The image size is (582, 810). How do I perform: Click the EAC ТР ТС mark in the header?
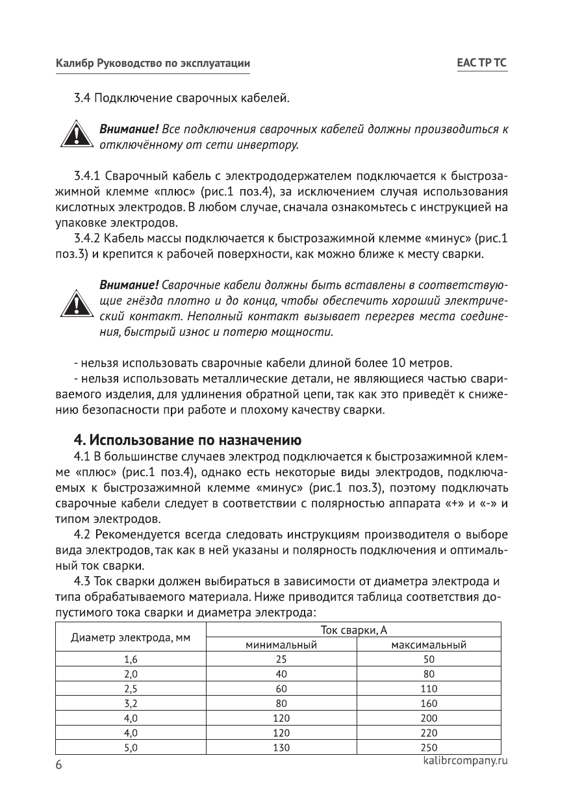click(481, 63)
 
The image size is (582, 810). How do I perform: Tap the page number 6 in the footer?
click(58, 765)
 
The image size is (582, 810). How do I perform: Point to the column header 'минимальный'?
click(281, 645)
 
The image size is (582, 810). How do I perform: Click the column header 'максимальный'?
click(429, 645)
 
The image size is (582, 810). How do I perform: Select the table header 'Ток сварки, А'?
click(353, 629)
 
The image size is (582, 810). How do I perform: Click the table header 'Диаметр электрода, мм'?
click(131, 637)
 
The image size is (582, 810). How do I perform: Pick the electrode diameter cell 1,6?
click(131, 659)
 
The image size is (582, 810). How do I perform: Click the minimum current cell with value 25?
click(281, 659)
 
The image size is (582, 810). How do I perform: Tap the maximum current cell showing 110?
click(429, 689)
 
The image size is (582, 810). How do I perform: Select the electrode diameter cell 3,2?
click(131, 703)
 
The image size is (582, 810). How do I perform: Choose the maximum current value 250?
click(429, 748)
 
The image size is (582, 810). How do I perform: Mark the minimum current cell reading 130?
click(281, 748)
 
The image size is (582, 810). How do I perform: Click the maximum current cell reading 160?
click(429, 703)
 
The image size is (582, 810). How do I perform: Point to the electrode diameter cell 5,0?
click(131, 748)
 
